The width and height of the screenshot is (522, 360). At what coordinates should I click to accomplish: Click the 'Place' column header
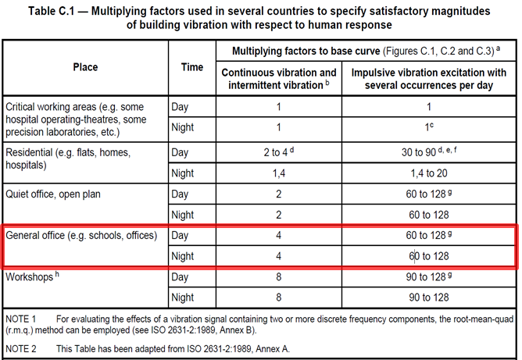click(x=85, y=67)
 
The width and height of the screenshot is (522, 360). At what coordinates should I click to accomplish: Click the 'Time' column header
click(x=192, y=67)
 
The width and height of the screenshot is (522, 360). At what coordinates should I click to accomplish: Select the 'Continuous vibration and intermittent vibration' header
click(x=269, y=79)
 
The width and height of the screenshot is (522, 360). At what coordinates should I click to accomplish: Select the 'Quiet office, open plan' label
click(x=59, y=193)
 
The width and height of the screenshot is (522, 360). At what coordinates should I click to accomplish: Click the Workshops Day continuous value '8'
click(x=269, y=277)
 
